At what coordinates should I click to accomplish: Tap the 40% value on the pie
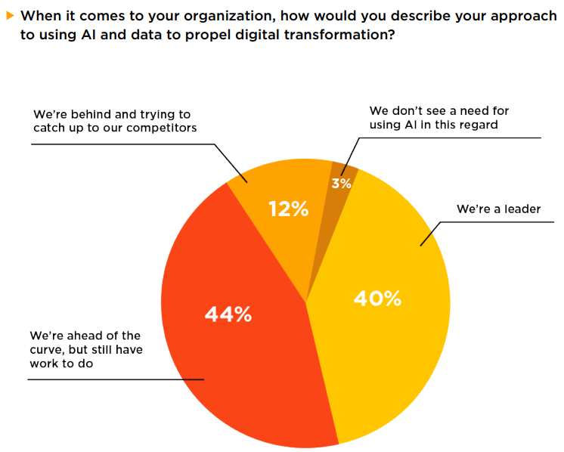click(x=377, y=299)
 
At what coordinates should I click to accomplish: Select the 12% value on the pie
click(x=289, y=209)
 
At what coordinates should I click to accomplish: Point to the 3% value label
click(x=341, y=183)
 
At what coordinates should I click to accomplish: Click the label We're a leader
click(x=498, y=209)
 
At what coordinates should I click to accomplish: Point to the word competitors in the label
click(x=162, y=128)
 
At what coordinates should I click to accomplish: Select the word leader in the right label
click(x=521, y=209)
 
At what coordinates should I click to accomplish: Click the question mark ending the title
click(x=390, y=34)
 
